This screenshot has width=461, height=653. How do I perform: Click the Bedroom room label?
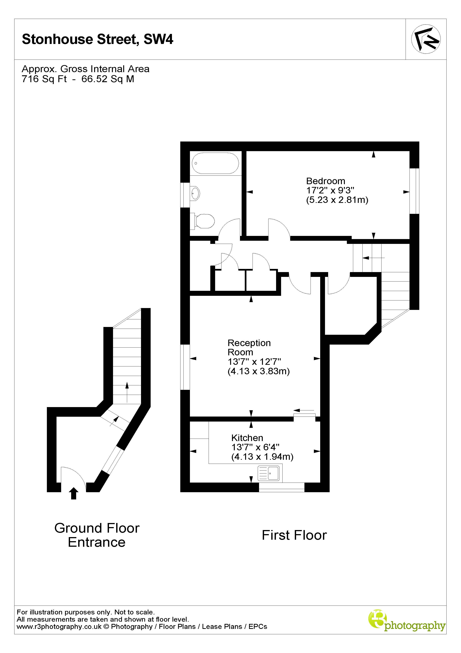coord(325,181)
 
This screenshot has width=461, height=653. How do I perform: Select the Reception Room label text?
coord(249,348)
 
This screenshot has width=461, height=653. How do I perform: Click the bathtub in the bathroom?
coord(215,163)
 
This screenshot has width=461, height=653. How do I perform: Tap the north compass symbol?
coord(426,39)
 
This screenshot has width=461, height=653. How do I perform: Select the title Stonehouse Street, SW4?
coord(97,39)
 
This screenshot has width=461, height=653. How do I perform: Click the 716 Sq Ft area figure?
coord(44,79)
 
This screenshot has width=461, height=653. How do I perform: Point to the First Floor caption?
coord(294,535)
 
